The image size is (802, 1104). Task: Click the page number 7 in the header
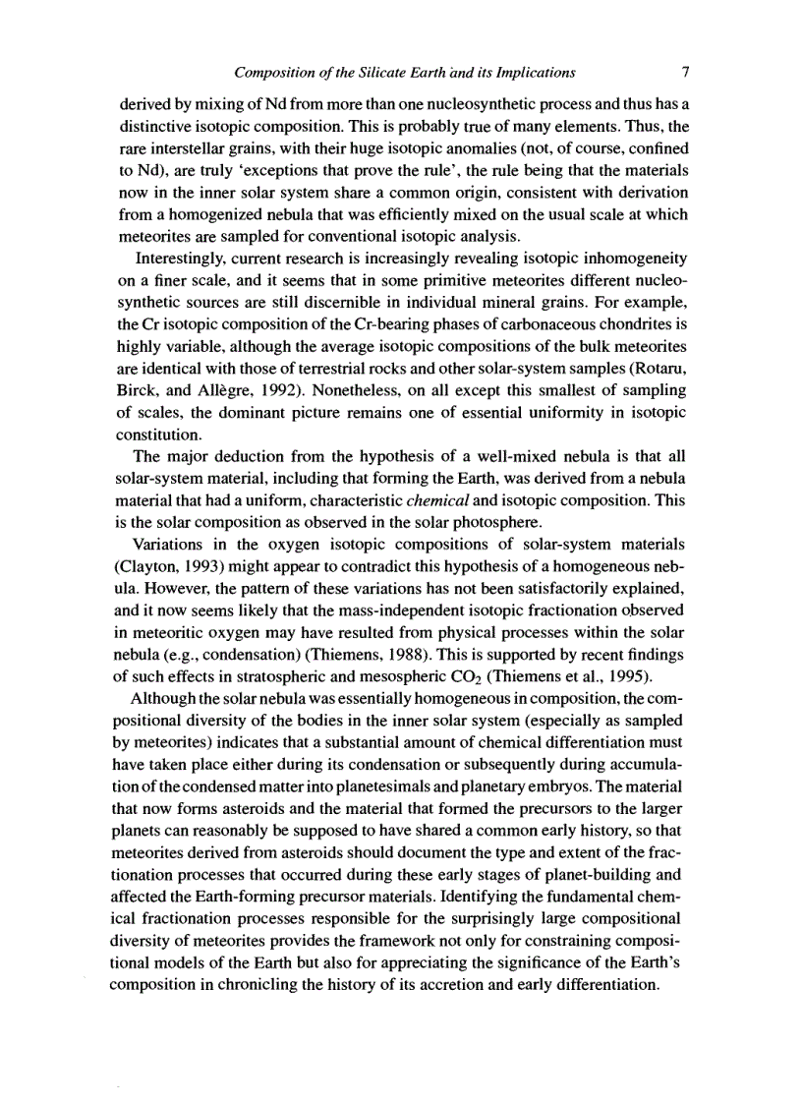tap(686, 72)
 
